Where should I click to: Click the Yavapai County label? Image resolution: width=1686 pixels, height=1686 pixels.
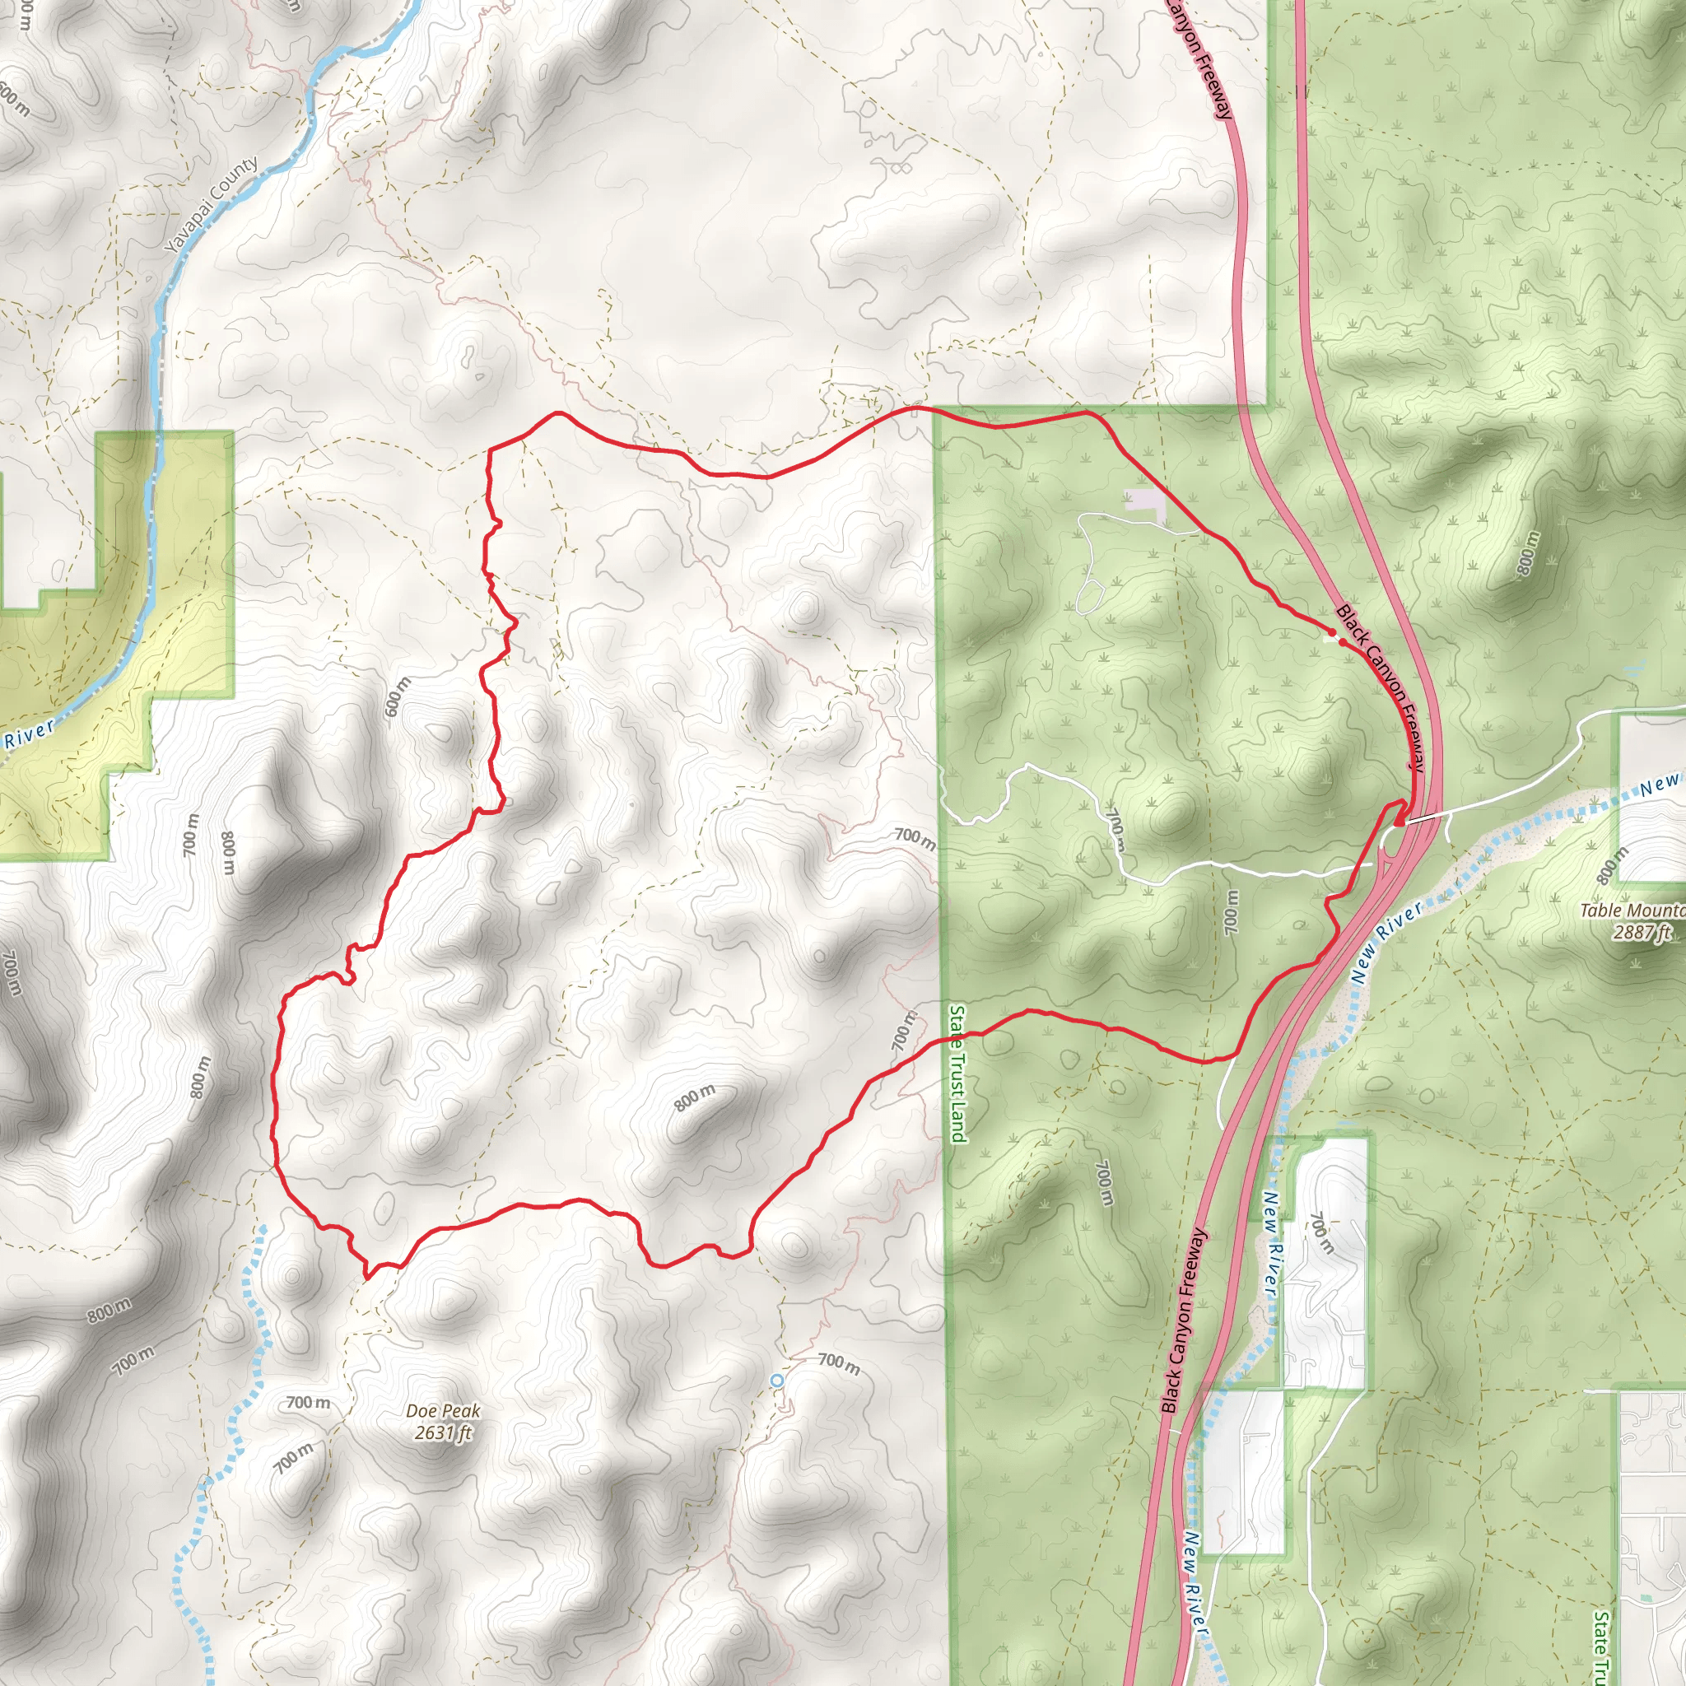click(x=212, y=206)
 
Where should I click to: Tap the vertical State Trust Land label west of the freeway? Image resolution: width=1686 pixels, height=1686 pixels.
click(x=957, y=1073)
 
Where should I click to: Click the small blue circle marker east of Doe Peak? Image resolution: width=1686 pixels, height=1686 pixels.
click(x=776, y=1380)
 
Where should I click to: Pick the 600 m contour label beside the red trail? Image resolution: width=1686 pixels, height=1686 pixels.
click(x=396, y=696)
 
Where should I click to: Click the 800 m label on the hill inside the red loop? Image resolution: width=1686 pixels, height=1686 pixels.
click(x=694, y=1098)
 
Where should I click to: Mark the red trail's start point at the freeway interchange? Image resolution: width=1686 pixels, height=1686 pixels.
click(x=1399, y=820)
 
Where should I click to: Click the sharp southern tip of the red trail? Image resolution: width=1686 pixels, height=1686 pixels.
click(x=366, y=1276)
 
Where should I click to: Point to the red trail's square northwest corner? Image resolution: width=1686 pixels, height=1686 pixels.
click(x=490, y=449)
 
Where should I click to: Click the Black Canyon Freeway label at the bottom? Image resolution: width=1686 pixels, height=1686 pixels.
click(x=1183, y=1320)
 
